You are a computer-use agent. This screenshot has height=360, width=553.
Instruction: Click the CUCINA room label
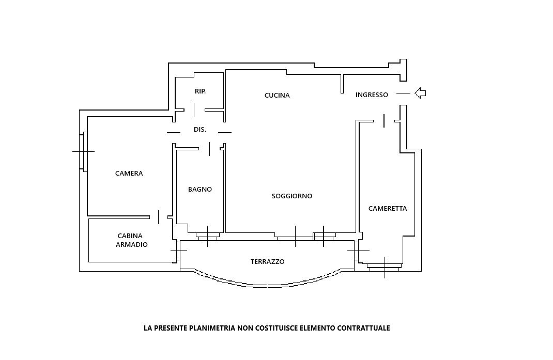coord(277,96)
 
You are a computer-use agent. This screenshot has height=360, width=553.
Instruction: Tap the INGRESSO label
coord(372,95)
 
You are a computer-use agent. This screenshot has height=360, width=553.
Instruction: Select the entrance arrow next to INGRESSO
coord(420,93)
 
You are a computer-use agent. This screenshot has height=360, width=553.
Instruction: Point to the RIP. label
coord(200,91)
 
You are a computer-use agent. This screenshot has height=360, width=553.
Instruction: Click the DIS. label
coord(199,130)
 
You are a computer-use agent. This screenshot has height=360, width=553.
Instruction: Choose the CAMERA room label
coord(129,174)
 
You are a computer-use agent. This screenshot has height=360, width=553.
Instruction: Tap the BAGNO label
coord(199,190)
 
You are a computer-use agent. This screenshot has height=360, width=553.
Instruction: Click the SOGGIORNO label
coord(292,196)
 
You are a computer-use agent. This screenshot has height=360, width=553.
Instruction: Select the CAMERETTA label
coord(388,209)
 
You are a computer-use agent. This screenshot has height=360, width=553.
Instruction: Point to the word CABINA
coord(130,236)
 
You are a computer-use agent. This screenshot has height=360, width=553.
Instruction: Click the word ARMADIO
coord(131,245)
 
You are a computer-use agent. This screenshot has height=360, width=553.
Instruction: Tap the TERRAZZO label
coord(267,262)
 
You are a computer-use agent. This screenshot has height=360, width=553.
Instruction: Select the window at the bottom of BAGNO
coord(208,236)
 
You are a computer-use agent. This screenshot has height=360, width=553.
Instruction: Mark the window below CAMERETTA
coord(385,267)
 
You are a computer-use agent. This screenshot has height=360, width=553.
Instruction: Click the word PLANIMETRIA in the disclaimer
coord(212,328)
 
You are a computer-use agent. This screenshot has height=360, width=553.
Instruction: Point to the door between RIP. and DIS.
coord(194,109)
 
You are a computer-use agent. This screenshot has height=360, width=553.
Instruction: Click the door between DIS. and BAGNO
coord(209,149)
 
